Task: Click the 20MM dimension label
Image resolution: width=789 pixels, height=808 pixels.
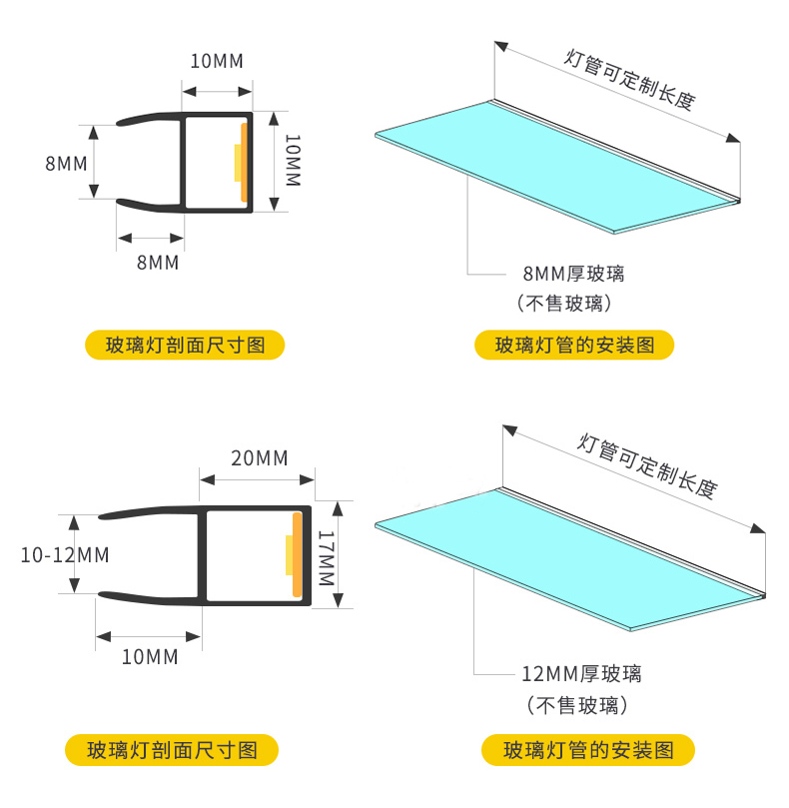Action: [x=259, y=458]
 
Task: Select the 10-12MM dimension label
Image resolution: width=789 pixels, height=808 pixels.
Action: [x=65, y=554]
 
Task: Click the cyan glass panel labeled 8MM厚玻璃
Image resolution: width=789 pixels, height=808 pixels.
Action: [x=559, y=165]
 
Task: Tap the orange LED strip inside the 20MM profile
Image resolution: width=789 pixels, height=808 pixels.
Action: [x=298, y=556]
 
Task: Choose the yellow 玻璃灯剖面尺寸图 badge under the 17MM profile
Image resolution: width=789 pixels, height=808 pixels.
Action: [x=172, y=749]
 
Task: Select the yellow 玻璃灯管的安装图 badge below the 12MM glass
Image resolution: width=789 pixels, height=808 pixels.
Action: [x=588, y=749]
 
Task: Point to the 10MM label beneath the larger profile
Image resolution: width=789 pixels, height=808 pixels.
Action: [x=150, y=657]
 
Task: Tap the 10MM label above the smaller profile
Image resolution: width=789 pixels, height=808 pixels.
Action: [x=217, y=60]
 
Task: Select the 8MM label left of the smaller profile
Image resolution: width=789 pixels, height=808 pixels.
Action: [x=66, y=163]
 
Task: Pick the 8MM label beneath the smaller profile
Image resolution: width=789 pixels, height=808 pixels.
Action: [x=157, y=263]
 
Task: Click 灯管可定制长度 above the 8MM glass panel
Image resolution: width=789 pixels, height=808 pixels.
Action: [x=629, y=76]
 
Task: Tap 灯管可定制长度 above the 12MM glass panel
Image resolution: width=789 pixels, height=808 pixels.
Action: [x=647, y=463]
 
